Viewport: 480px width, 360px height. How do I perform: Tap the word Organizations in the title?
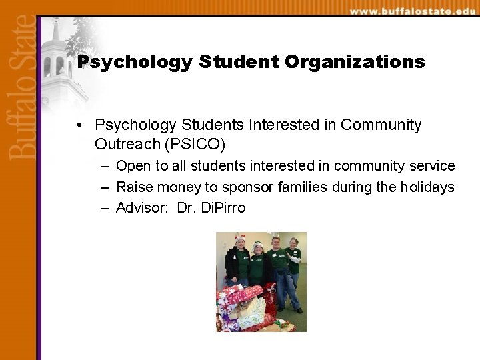(x=355, y=63)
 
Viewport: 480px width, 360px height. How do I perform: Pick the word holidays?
(x=427, y=187)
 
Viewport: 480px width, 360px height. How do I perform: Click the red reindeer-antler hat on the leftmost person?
(x=240, y=238)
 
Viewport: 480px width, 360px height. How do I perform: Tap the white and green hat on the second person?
(x=258, y=245)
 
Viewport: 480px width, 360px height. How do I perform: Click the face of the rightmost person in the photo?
(x=293, y=242)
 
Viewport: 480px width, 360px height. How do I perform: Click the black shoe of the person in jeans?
(x=299, y=310)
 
